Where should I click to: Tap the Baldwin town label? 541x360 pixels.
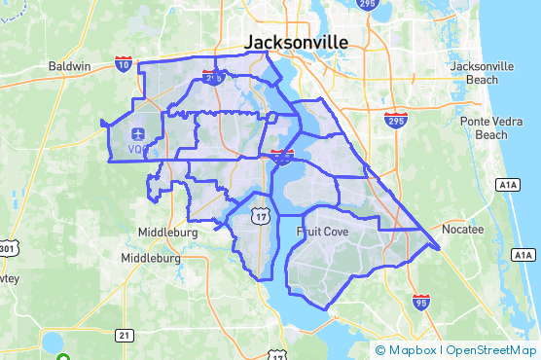pos(69,67)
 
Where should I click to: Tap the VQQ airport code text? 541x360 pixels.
pos(137,149)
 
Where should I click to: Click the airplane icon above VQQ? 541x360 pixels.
pos(137,133)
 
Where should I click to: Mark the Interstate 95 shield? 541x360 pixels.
pos(420,301)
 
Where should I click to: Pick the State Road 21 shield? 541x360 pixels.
pos(124,335)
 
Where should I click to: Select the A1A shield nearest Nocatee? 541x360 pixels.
pos(525,255)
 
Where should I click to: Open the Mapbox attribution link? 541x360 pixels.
pos(410,349)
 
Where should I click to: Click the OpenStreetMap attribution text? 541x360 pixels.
pos(490,349)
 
